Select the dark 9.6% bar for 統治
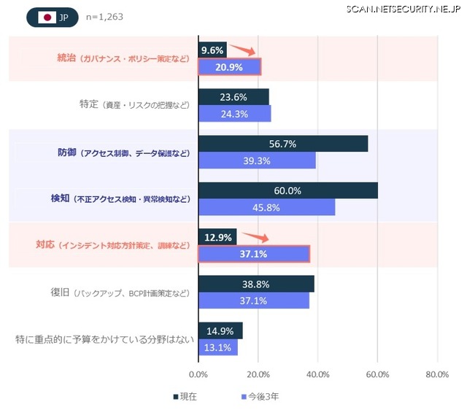212,50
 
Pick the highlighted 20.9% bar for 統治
229,67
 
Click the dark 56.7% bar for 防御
282,144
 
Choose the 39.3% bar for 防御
257,160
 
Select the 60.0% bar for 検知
287,190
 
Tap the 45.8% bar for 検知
266,207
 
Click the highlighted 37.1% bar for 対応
253,254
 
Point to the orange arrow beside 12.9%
255,236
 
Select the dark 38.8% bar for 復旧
256,284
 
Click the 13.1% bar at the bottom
217,347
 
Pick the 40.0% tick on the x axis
317,374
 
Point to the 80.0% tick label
436,374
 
